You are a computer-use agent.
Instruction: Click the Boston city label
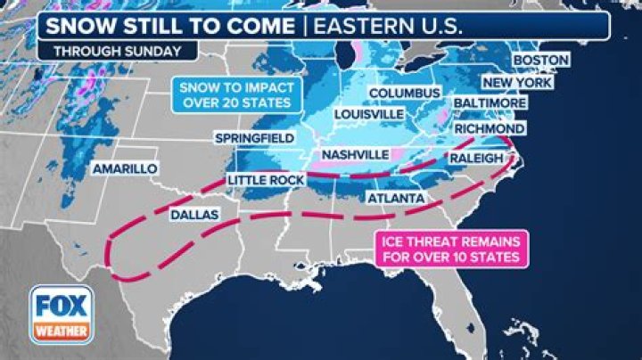tap(540, 61)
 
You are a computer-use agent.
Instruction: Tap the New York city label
tap(518, 83)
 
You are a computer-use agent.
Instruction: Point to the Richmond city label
tap(489, 129)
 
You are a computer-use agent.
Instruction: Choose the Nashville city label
tap(355, 154)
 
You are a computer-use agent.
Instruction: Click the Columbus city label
tap(404, 94)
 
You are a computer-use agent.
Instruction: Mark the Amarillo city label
tap(125, 168)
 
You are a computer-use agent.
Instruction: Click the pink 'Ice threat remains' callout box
tap(451, 248)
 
